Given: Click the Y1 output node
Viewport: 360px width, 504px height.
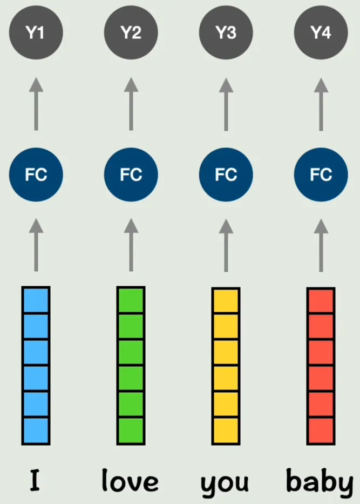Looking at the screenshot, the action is coord(36,32).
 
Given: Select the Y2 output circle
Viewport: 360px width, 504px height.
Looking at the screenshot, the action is coord(131,32).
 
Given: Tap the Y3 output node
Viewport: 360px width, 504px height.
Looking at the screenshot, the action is coord(226,32).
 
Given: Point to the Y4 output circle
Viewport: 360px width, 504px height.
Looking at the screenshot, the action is coord(321,32).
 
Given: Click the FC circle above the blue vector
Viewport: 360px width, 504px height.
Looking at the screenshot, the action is coord(36,174).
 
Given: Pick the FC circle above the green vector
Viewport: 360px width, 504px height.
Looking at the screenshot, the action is coord(131,174).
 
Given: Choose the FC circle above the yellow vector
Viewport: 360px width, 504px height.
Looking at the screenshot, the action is coord(226,174).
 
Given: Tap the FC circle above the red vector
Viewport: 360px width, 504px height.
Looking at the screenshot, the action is coord(321,174).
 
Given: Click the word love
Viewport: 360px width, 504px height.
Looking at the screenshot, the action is coord(130,480).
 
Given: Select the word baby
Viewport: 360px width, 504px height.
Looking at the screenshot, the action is coord(320,482).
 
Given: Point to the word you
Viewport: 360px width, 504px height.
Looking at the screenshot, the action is coord(225,485).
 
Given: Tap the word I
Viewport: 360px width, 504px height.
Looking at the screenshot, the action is coord(35,480).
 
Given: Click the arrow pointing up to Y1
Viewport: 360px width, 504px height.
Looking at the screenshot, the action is coord(36,104).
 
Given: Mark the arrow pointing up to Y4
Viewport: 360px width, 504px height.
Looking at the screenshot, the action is coord(321,104).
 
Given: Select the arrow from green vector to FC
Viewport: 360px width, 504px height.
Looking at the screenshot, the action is coord(131,245).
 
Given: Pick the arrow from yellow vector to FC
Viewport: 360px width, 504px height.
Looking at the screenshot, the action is coord(226,245).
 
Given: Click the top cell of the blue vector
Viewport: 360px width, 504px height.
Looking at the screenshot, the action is coord(36,300).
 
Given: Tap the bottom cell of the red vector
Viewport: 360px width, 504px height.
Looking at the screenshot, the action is coord(321,431).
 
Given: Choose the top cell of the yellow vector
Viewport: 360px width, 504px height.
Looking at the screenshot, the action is coord(226,300).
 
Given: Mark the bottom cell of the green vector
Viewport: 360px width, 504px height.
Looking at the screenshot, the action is coord(131,431).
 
